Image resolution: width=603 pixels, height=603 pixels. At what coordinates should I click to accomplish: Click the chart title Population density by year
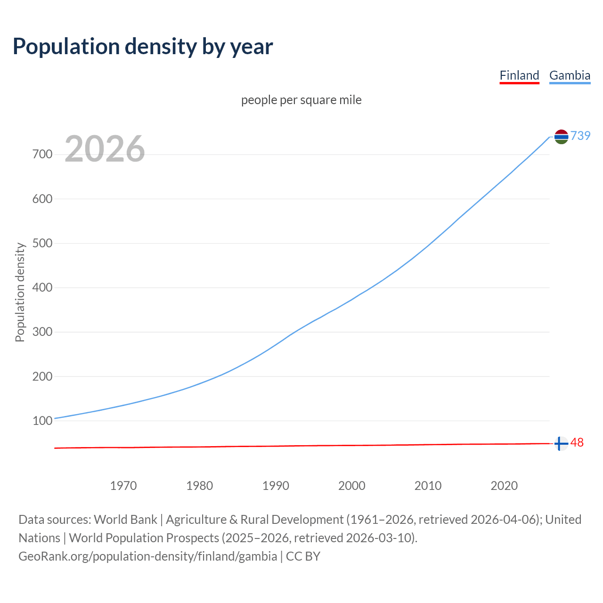pos(143,46)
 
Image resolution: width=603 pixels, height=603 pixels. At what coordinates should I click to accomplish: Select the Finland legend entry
pos(519,75)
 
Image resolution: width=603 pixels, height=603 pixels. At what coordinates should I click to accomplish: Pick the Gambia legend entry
pos(570,75)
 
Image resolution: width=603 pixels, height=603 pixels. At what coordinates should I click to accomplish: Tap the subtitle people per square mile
pos(301,100)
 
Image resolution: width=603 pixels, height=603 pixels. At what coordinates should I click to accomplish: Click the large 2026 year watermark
pos(105,149)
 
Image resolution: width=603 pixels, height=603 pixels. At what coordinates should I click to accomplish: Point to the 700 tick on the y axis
pos(42,155)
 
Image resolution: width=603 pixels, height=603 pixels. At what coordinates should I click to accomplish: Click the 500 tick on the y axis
pos(42,244)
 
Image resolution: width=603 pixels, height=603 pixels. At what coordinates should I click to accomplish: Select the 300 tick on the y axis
pos(42,332)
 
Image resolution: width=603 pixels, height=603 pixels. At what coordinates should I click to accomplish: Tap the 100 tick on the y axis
pos(42,421)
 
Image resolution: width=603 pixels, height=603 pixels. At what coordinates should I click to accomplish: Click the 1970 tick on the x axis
pos(123,486)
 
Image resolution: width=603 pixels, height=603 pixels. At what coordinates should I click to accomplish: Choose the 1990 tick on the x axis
pos(276,486)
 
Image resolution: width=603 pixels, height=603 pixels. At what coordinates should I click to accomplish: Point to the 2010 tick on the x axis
pos(428,486)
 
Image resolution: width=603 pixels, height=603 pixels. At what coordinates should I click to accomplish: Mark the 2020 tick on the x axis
pos(504,486)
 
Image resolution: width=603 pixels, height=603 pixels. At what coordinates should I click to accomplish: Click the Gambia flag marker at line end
pos(561,137)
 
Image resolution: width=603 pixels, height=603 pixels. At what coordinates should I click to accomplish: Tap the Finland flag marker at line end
pos(561,444)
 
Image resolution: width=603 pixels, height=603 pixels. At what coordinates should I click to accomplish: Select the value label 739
pos(580,136)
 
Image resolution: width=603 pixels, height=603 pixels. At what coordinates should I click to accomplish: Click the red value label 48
pos(577,443)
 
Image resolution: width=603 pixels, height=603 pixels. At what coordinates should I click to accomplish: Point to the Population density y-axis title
pos(20,292)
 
